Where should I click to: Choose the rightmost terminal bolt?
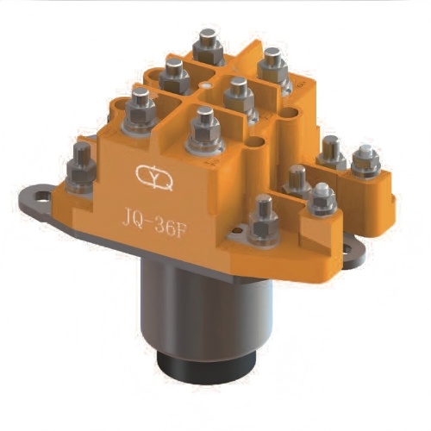point(365,160)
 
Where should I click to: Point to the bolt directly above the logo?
point(204,129)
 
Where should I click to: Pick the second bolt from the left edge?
point(141,109)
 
